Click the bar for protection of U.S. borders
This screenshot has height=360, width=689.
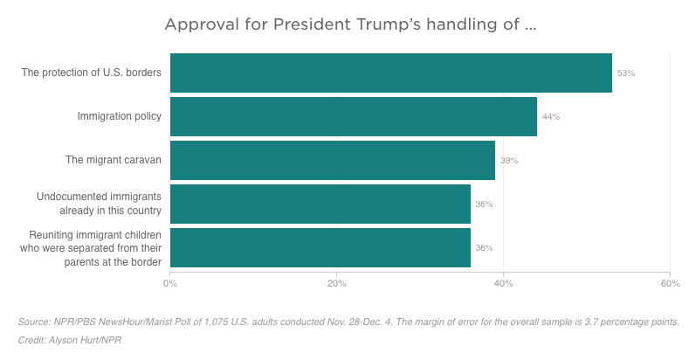point(390,73)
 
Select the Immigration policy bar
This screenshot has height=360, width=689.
point(353,116)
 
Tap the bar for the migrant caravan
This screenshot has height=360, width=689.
point(332,160)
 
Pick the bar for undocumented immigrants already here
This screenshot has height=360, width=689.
point(320,204)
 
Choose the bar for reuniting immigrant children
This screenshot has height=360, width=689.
point(320,247)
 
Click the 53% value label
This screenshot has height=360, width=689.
point(625,73)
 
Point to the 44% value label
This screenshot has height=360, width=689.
point(550,117)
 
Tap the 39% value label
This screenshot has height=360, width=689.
point(509,161)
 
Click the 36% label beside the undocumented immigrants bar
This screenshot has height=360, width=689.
point(484,204)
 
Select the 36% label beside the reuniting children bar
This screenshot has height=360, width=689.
point(484,248)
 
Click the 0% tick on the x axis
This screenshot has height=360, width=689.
point(170,283)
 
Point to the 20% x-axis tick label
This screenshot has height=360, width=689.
point(336,283)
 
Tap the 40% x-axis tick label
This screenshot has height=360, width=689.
point(503,283)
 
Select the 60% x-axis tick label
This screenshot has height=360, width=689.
point(670,283)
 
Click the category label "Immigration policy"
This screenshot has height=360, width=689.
point(119,116)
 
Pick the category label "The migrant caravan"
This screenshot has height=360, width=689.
point(114,160)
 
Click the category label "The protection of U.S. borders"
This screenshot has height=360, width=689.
point(92,73)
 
